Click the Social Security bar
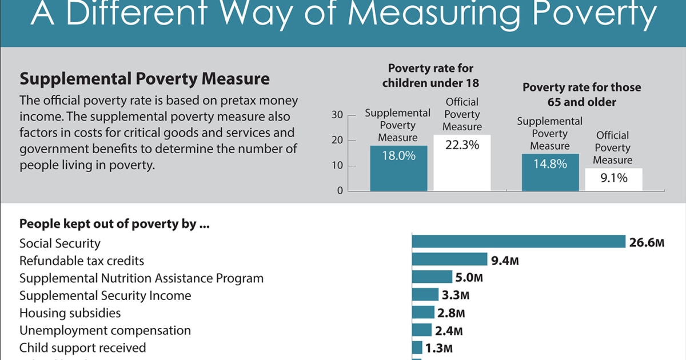[x=519, y=241]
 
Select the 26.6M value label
[x=647, y=243]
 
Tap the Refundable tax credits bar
[x=449, y=259]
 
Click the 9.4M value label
[x=505, y=261]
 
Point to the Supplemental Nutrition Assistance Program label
[x=141, y=278]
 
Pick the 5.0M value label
[x=469, y=278]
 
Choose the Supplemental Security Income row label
[x=105, y=295]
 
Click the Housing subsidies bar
[x=423, y=312]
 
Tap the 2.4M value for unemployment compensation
[x=449, y=330]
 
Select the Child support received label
[x=82, y=347]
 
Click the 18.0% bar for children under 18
[x=398, y=169]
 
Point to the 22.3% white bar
[x=462, y=163]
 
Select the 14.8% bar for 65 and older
[x=550, y=173]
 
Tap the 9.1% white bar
[x=613, y=179]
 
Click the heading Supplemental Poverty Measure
[x=145, y=78]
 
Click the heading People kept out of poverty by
[x=114, y=223]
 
